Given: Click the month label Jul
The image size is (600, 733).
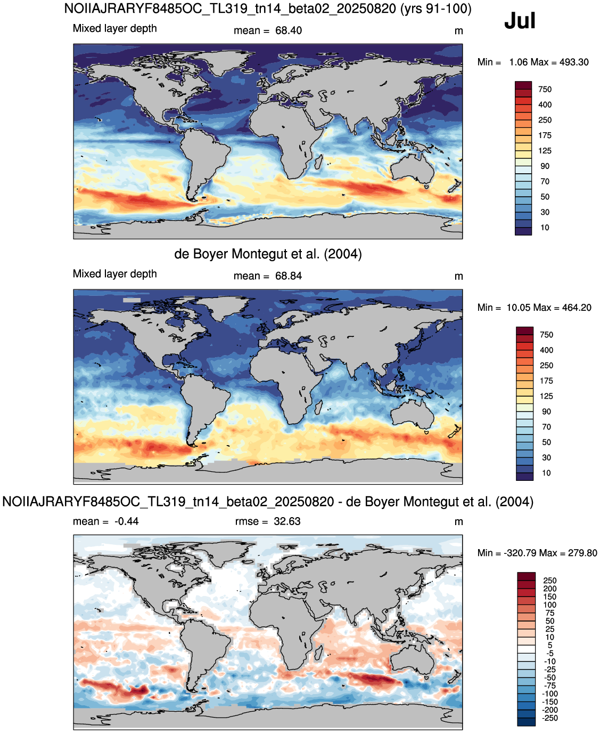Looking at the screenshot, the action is click(x=519, y=20).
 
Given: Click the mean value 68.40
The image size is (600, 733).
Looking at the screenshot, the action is click(x=288, y=30).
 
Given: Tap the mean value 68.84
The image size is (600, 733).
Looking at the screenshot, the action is click(x=288, y=276).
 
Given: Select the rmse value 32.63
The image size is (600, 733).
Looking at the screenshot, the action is click(x=287, y=521).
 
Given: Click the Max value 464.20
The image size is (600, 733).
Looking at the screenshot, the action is click(x=576, y=308).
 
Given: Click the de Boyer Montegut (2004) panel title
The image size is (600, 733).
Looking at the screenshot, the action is click(x=268, y=254).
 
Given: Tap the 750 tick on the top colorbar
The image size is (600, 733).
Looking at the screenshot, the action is click(x=545, y=90).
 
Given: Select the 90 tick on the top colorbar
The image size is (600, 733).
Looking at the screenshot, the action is click(x=545, y=166).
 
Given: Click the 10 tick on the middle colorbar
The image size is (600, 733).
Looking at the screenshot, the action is click(x=546, y=473).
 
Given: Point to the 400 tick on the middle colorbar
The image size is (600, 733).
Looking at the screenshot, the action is click(x=546, y=350).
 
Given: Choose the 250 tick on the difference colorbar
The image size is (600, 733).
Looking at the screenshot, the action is click(x=549, y=581).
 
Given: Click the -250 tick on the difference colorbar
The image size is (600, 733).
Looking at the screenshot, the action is click(x=549, y=719).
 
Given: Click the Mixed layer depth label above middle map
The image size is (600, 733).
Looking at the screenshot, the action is click(x=115, y=274).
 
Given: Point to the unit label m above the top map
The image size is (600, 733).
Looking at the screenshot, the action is click(x=458, y=31).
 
